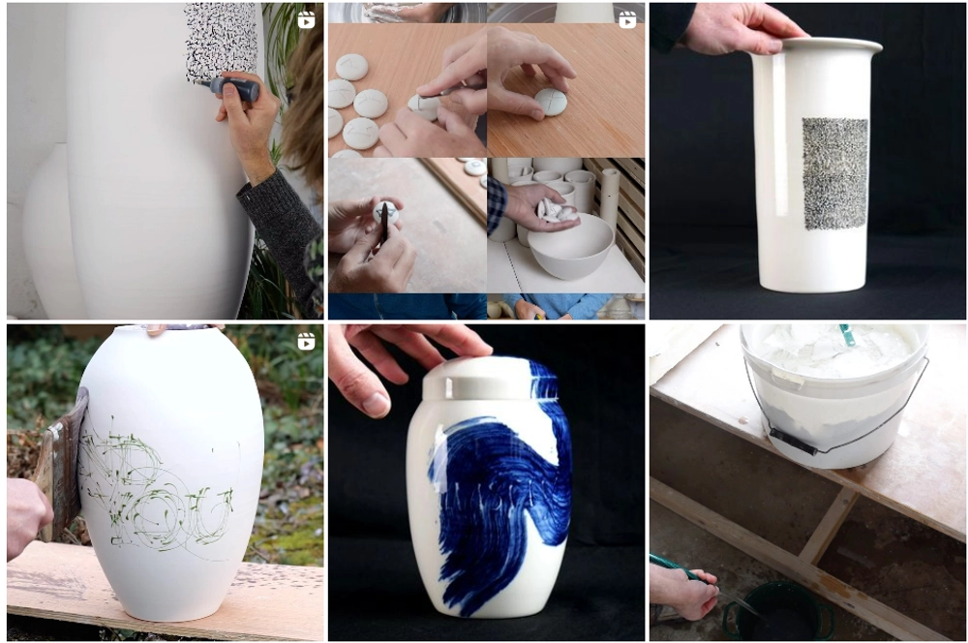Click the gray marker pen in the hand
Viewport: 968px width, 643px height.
pyautogui.click(x=233, y=88)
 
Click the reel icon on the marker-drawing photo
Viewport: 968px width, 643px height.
pyautogui.click(x=306, y=19)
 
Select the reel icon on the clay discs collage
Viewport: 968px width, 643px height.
pyautogui.click(x=627, y=19)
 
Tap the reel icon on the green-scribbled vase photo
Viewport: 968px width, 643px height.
pyautogui.click(x=306, y=341)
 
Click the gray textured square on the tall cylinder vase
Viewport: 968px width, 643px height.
pyautogui.click(x=834, y=173)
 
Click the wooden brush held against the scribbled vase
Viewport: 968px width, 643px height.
pyautogui.click(x=64, y=465)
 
